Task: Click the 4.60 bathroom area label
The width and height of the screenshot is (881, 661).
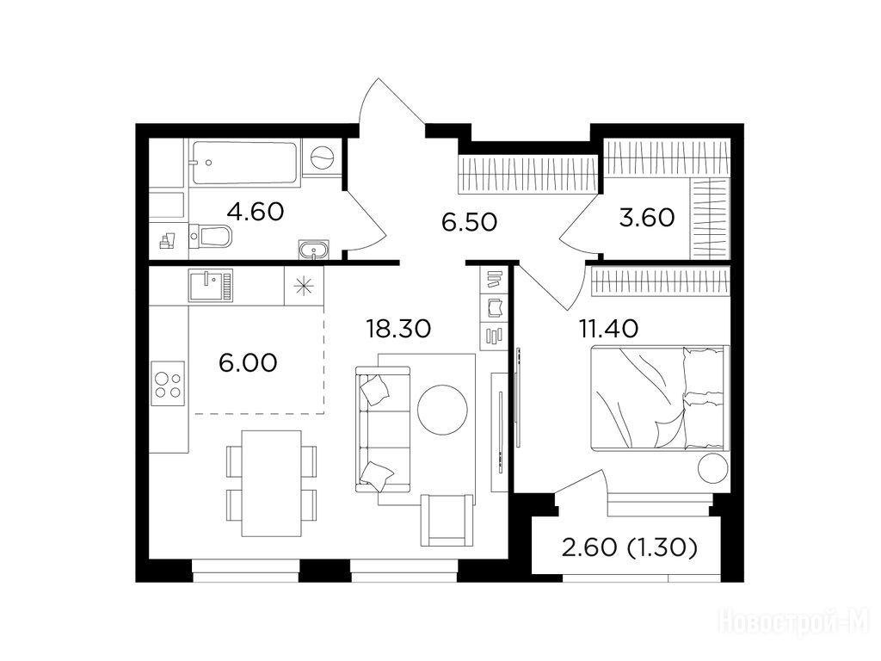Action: tap(255, 212)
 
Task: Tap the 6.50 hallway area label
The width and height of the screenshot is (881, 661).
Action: tap(469, 222)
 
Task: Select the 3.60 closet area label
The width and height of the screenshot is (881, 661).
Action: tap(647, 217)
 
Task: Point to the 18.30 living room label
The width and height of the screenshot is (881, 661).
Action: tap(398, 328)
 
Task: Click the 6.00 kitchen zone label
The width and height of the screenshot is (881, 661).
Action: tap(248, 362)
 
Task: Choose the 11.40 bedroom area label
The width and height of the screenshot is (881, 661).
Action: tap(608, 328)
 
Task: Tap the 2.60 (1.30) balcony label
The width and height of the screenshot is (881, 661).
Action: tap(630, 547)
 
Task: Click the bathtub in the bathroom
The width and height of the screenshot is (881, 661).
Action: tap(244, 163)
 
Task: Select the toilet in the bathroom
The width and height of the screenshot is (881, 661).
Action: tap(210, 236)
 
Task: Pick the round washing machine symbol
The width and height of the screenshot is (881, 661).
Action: tap(323, 157)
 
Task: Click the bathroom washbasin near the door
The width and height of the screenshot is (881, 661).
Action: tap(313, 250)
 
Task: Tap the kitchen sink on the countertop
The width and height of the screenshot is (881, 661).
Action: tap(211, 286)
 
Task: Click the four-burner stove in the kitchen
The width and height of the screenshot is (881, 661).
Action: tap(168, 385)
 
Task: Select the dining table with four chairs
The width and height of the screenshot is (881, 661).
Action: tap(271, 484)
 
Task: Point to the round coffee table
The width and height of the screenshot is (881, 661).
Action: tap(443, 410)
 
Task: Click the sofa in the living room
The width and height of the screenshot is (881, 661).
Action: tap(383, 429)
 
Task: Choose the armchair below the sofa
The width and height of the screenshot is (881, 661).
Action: tap(447, 521)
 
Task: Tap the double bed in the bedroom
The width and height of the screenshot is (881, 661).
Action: tap(660, 398)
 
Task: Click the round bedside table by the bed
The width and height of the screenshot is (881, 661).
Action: tap(713, 468)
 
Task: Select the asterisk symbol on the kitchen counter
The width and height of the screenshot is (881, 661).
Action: tap(304, 286)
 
